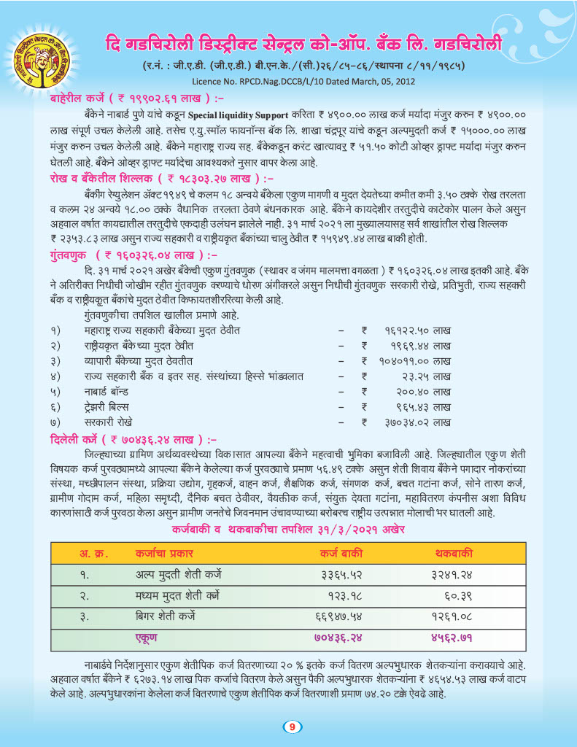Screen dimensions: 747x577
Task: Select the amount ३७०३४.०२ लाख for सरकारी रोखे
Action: coord(417,422)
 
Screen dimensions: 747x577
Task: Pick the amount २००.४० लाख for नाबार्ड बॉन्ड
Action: coord(422,391)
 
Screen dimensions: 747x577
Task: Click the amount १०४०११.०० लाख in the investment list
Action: coord(414,360)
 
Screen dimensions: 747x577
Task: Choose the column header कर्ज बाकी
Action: coord(342,552)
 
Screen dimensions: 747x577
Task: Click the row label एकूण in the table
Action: coord(149,638)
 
